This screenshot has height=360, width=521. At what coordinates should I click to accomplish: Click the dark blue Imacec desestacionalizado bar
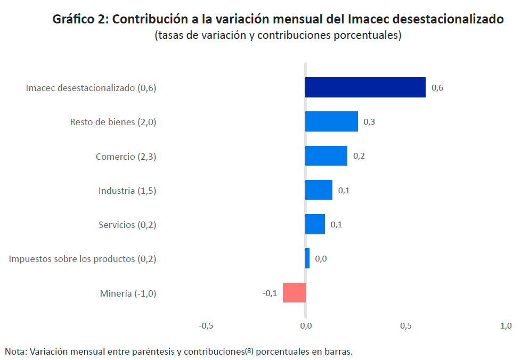365,87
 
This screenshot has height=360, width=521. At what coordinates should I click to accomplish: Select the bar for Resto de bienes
331,121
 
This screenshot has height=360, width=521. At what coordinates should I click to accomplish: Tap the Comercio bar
326,156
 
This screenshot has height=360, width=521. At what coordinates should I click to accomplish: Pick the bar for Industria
319,190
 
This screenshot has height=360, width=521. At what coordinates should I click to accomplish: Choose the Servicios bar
315,224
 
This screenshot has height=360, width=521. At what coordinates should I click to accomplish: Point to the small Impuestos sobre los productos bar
307,258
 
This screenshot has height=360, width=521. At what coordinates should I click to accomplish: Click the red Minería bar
294,292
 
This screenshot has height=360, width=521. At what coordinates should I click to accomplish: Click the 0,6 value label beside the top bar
437,88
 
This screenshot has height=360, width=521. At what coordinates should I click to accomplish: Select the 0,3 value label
369,122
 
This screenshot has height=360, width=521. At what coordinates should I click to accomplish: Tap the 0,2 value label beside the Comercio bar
359,156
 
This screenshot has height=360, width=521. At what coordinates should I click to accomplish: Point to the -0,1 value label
270,293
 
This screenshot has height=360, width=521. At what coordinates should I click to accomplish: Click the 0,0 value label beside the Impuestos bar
321,259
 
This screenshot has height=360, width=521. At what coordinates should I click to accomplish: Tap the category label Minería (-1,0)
128,293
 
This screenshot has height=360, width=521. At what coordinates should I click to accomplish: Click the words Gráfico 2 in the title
80,20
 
